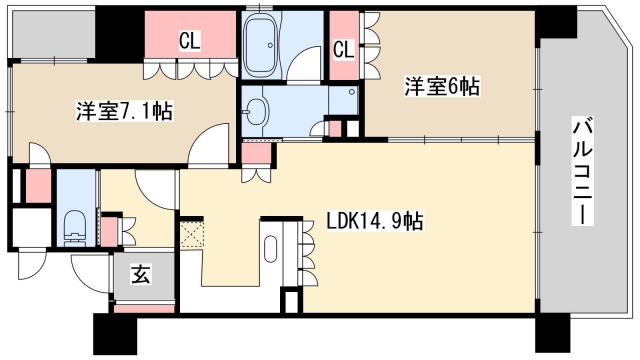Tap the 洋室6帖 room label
[x=441, y=86]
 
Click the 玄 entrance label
[x=141, y=274]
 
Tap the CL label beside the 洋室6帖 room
[x=343, y=49]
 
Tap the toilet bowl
[x=75, y=229]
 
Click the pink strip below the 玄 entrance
[x=141, y=308]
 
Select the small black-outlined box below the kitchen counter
[x=290, y=299]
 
